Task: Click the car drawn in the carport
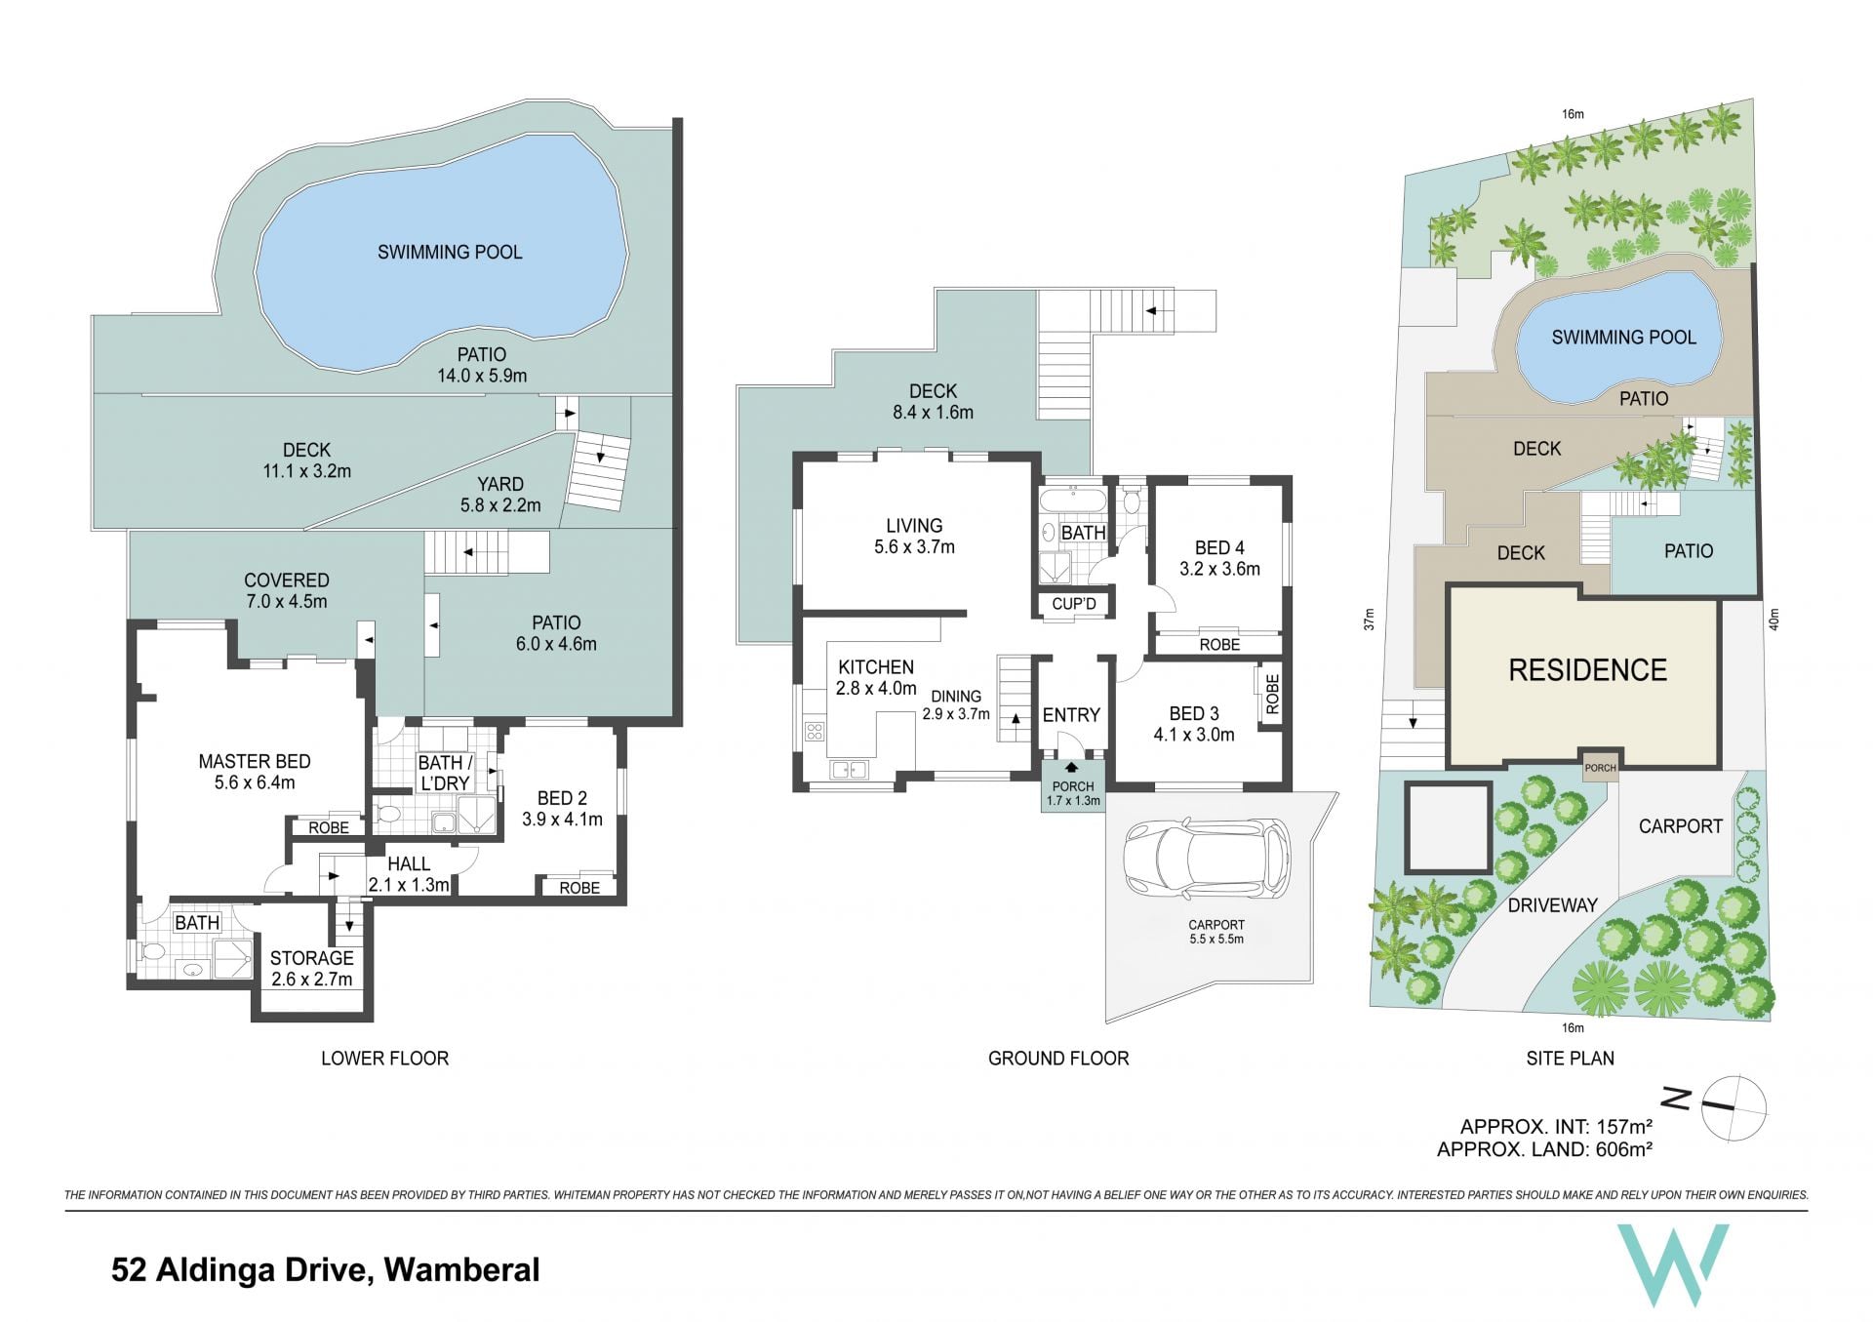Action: pyautogui.click(x=1206, y=859)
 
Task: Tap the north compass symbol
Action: pyautogui.click(x=1733, y=1106)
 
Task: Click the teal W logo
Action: pyautogui.click(x=1673, y=1264)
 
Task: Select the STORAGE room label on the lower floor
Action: pyautogui.click(x=311, y=958)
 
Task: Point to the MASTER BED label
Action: pyautogui.click(x=255, y=761)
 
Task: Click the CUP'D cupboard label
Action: pyautogui.click(x=1074, y=604)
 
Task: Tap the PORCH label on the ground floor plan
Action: pyautogui.click(x=1073, y=786)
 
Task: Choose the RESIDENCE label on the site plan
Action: pyautogui.click(x=1587, y=670)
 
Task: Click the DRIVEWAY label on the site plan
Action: pyautogui.click(x=1552, y=905)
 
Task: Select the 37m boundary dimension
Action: pyautogui.click(x=1369, y=619)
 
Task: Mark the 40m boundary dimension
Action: pyautogui.click(x=1773, y=620)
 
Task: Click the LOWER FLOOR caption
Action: pyautogui.click(x=384, y=1059)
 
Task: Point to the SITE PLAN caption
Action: pyautogui.click(x=1570, y=1059)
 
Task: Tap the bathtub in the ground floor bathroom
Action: pyautogui.click(x=1072, y=502)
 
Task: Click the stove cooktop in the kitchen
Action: pyautogui.click(x=814, y=731)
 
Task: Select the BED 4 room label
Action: pyautogui.click(x=1219, y=548)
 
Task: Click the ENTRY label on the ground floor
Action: pyautogui.click(x=1071, y=715)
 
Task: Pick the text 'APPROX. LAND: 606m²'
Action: pyautogui.click(x=1544, y=1149)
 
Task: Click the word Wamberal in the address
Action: pyautogui.click(x=461, y=1269)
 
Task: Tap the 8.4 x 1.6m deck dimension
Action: pyautogui.click(x=933, y=413)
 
